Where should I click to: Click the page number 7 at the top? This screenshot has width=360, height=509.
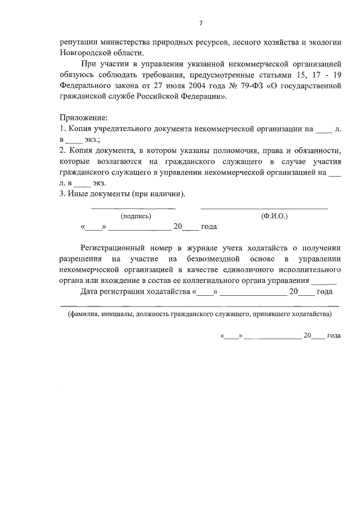point(200,23)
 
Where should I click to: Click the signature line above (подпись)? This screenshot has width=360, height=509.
point(133,209)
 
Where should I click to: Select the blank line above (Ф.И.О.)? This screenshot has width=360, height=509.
point(264,209)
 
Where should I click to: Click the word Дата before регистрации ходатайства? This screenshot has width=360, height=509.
point(91,291)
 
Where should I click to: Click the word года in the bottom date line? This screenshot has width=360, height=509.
point(334,335)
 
